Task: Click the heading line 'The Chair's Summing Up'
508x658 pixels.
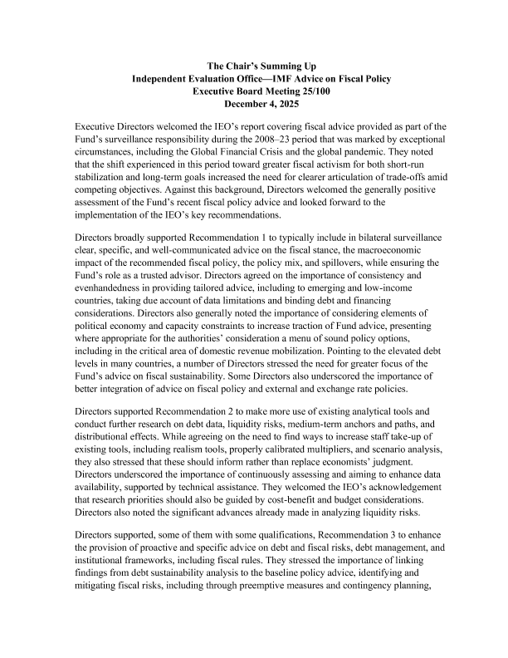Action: point(254,65)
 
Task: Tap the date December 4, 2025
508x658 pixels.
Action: point(254,104)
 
